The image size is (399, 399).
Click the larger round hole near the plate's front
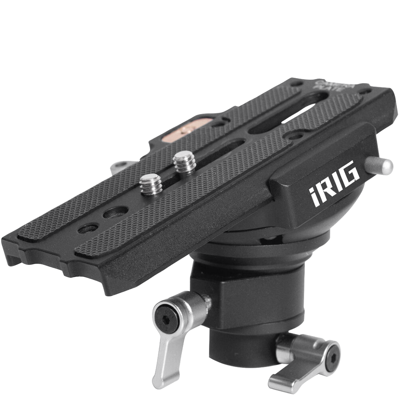[x=110, y=214]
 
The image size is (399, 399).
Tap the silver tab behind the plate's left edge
[x=119, y=167]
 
